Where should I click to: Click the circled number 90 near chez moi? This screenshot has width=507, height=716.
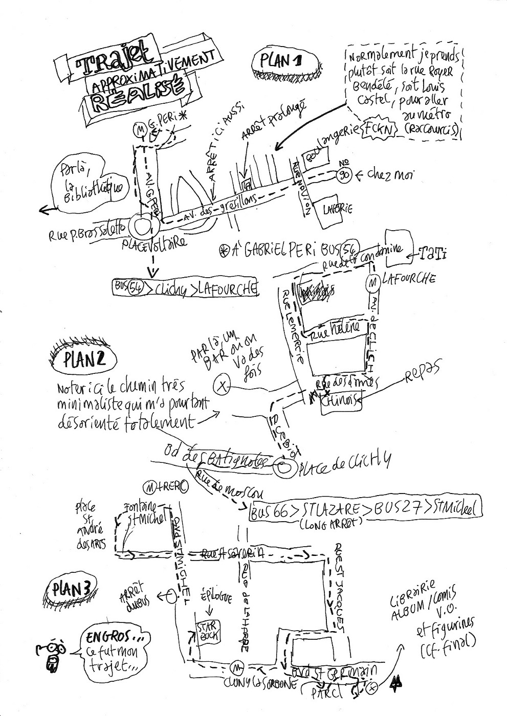click(344, 175)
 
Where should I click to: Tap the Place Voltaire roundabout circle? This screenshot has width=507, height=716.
click(143, 226)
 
